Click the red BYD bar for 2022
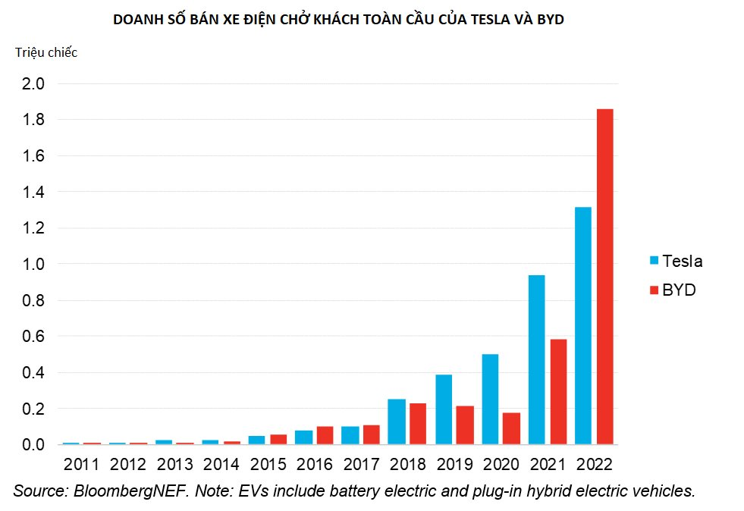[604, 277]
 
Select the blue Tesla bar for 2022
[582, 326]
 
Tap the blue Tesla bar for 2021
[536, 360]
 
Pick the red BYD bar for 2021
[558, 392]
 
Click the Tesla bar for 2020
[490, 400]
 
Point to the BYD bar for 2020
[512, 428]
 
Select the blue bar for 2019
[444, 409]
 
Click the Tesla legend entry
[675, 262]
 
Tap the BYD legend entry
[672, 290]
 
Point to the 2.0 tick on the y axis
[33, 83]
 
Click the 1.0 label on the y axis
[33, 265]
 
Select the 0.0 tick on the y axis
[33, 445]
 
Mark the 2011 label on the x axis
[82, 463]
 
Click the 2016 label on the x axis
[314, 463]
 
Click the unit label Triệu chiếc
[46, 52]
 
